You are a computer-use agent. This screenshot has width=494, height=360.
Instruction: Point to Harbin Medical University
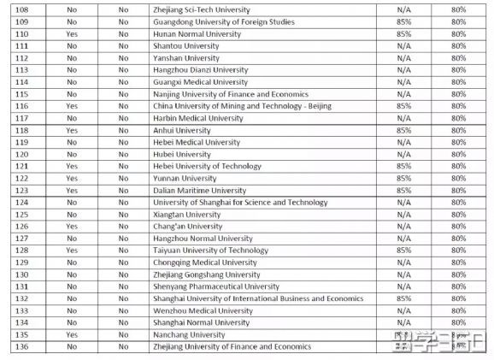198,118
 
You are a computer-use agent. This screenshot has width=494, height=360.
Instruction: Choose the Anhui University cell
180,130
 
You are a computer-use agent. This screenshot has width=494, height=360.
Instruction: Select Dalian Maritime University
199,191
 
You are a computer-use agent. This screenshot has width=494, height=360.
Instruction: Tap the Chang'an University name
187,227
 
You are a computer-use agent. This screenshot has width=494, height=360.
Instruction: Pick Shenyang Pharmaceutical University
216,286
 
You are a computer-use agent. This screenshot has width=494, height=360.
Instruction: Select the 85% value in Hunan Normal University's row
404,33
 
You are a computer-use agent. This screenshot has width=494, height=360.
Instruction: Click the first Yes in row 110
71,33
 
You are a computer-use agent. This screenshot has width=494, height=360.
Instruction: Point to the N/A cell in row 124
404,203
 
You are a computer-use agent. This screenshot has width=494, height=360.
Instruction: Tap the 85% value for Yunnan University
404,179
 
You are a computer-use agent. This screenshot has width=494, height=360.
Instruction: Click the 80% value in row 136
459,347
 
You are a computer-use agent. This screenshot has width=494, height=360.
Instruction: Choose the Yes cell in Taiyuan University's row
71,251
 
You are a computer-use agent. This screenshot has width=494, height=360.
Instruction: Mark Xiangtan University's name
186,215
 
